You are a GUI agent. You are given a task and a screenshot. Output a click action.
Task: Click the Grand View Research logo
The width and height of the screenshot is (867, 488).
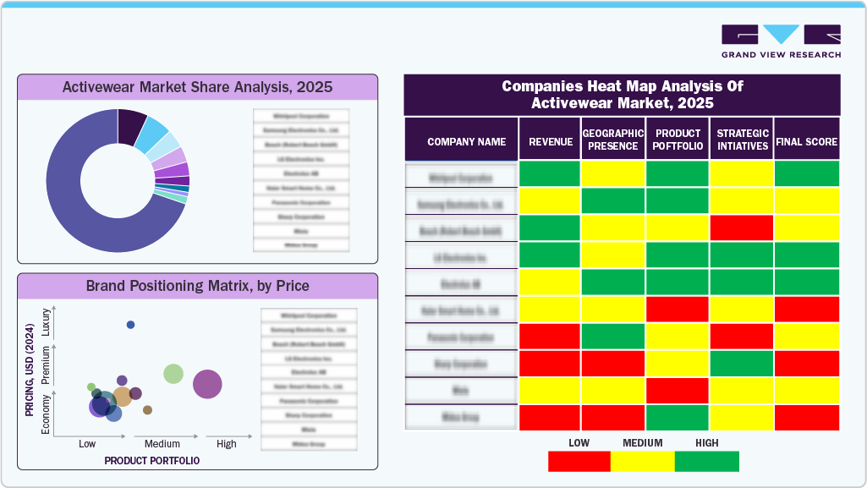point(781,41)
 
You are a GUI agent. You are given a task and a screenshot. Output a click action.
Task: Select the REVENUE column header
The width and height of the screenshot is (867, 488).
point(550,142)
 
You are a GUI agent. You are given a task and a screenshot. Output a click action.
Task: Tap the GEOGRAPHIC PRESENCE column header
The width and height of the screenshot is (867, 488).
point(613,140)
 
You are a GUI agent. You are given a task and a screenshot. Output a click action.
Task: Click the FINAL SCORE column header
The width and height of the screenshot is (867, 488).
point(806,142)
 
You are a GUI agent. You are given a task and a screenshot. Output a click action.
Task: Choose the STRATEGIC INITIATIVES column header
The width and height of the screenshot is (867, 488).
point(742,140)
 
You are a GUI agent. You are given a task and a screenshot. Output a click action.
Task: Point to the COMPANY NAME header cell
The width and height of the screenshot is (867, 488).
point(466,142)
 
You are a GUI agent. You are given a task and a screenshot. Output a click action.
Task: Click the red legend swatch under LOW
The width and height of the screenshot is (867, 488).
point(579,461)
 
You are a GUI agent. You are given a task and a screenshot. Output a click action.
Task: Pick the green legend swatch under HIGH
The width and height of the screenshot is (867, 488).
point(706,461)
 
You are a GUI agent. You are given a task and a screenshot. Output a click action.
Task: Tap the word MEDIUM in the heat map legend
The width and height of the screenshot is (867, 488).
point(642,442)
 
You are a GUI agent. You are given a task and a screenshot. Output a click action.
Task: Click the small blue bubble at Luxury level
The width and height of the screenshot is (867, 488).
point(130,325)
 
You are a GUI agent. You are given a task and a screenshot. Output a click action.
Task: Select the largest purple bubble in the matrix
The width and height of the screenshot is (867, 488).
point(207,384)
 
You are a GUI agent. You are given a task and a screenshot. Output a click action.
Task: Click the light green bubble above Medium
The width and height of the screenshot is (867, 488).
point(173,373)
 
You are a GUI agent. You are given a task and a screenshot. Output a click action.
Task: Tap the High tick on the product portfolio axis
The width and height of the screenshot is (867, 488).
point(226,444)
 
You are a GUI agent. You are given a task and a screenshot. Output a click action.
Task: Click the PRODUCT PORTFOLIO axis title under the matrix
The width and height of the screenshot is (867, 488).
point(152,461)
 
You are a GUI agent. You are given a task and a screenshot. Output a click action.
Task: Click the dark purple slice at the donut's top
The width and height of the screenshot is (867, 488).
point(131,125)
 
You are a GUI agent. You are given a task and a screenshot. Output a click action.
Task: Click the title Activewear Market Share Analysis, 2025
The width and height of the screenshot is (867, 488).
point(197,87)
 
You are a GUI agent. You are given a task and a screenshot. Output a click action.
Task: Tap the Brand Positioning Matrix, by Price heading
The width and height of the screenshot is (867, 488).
point(197,286)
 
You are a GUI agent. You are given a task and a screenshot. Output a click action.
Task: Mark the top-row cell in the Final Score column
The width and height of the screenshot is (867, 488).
point(806,173)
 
